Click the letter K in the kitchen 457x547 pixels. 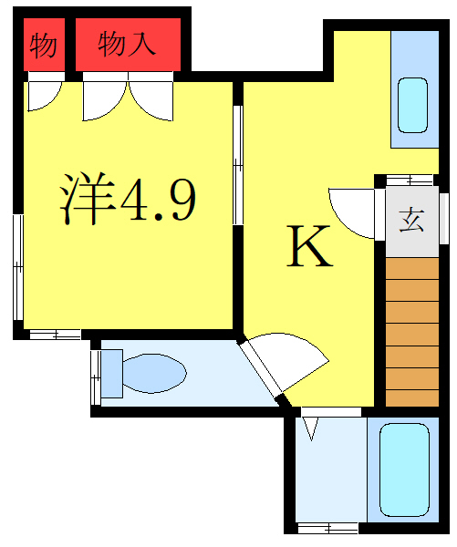(x=310, y=247)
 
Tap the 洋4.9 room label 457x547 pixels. (x=128, y=200)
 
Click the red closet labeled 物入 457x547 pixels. (x=129, y=43)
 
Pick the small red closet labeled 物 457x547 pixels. (x=43, y=44)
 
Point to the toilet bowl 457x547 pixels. (x=154, y=372)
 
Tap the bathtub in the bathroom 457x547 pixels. (x=405, y=470)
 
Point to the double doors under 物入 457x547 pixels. (x=129, y=98)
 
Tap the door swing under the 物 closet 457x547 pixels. (x=43, y=95)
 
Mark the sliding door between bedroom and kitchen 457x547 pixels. (x=237, y=165)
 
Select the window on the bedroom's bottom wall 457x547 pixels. (x=55, y=335)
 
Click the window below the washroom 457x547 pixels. (x=327, y=527)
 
